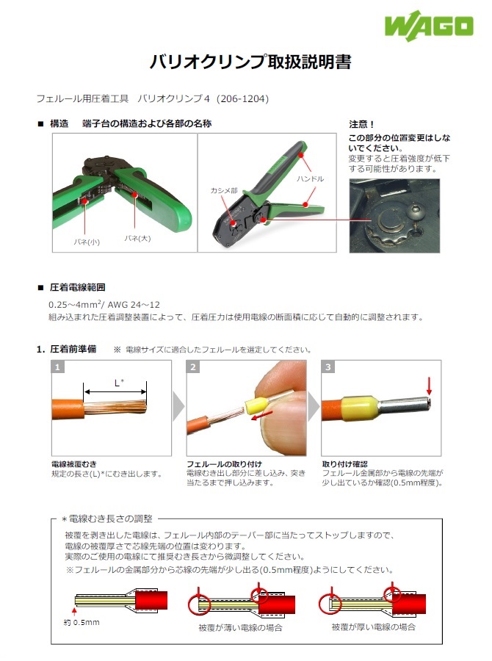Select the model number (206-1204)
point(245,98)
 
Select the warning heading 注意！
point(362,124)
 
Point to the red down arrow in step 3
point(430,386)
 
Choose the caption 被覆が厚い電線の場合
point(373,627)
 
